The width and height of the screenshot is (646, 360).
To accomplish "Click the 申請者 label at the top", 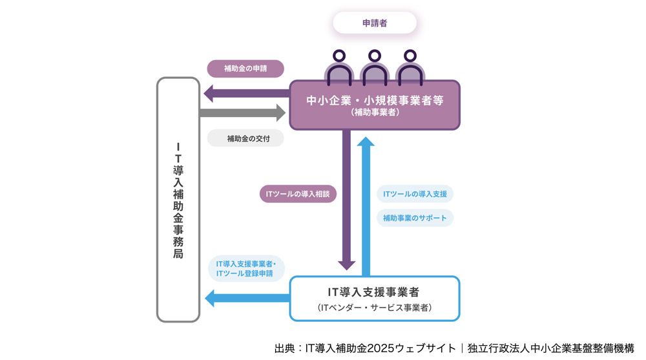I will tap(375, 23).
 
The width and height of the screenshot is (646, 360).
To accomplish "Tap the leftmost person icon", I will tap(339, 69).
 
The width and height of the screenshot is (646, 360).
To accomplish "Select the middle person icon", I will tap(374, 69).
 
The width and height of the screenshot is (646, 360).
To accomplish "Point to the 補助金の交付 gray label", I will tap(245, 138).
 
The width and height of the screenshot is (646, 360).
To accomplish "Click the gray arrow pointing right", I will tap(243, 113).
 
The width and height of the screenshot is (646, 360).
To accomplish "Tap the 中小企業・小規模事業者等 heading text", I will tap(375, 100).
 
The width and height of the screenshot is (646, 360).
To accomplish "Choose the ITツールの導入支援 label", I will tap(415, 194).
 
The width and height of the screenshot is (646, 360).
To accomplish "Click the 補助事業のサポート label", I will tap(415, 218).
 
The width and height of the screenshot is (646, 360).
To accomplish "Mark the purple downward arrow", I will tap(347, 200).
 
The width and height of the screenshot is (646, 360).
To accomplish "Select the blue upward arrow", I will tap(367, 207).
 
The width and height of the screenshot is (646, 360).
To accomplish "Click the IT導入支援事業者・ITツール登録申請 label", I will tap(245, 269).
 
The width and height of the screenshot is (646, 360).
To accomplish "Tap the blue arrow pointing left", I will tap(245, 297).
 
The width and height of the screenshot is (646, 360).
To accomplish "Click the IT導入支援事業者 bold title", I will tap(375, 292).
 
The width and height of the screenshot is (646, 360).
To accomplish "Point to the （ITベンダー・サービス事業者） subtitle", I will tap(375, 308).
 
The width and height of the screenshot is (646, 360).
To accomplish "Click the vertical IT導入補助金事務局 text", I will tap(178, 200).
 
